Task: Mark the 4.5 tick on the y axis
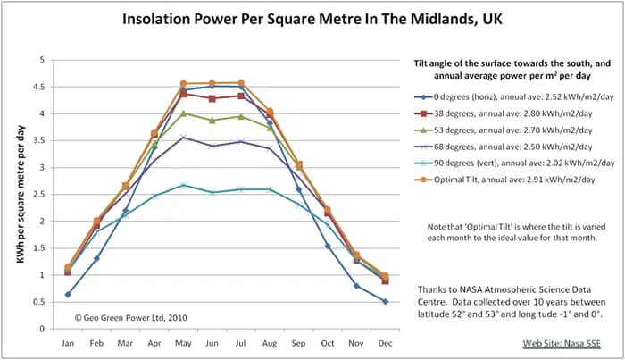tap(41, 87)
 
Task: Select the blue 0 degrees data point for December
tap(385, 301)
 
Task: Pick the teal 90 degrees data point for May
tap(184, 185)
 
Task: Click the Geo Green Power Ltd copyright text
tap(133, 317)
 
